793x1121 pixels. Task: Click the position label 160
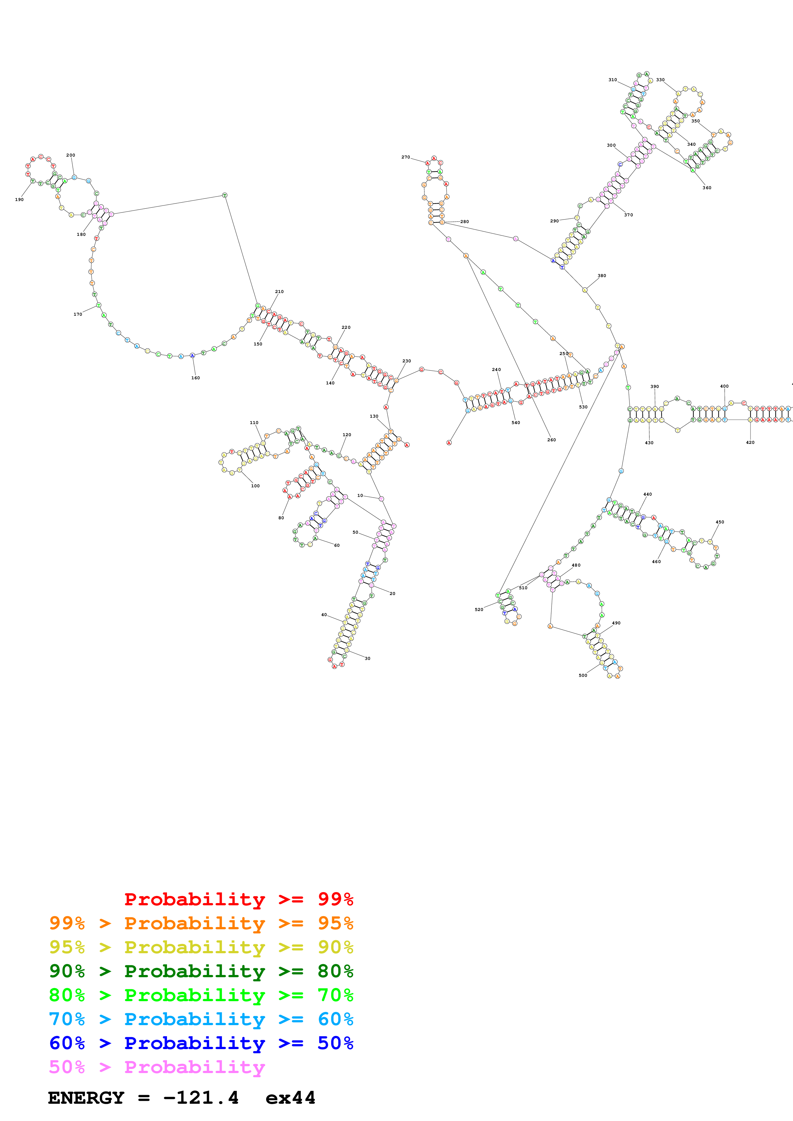point(195,378)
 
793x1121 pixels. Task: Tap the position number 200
point(71,155)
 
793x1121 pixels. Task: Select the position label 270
point(406,157)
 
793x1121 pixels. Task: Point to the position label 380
point(602,276)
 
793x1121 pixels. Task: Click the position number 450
point(720,522)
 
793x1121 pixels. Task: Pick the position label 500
point(583,675)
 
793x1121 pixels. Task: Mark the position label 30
point(368,658)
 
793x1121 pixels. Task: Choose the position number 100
point(255,486)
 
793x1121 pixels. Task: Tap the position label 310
point(613,80)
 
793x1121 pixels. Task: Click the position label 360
point(707,188)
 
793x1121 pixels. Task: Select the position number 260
point(551,440)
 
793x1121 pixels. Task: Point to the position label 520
point(479,609)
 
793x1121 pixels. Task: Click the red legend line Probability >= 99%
point(238,899)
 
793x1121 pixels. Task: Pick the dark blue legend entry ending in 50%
point(201,1043)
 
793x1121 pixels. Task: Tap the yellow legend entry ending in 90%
point(201,947)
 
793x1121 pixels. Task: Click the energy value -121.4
point(201,1098)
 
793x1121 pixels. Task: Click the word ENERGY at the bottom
point(86,1098)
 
